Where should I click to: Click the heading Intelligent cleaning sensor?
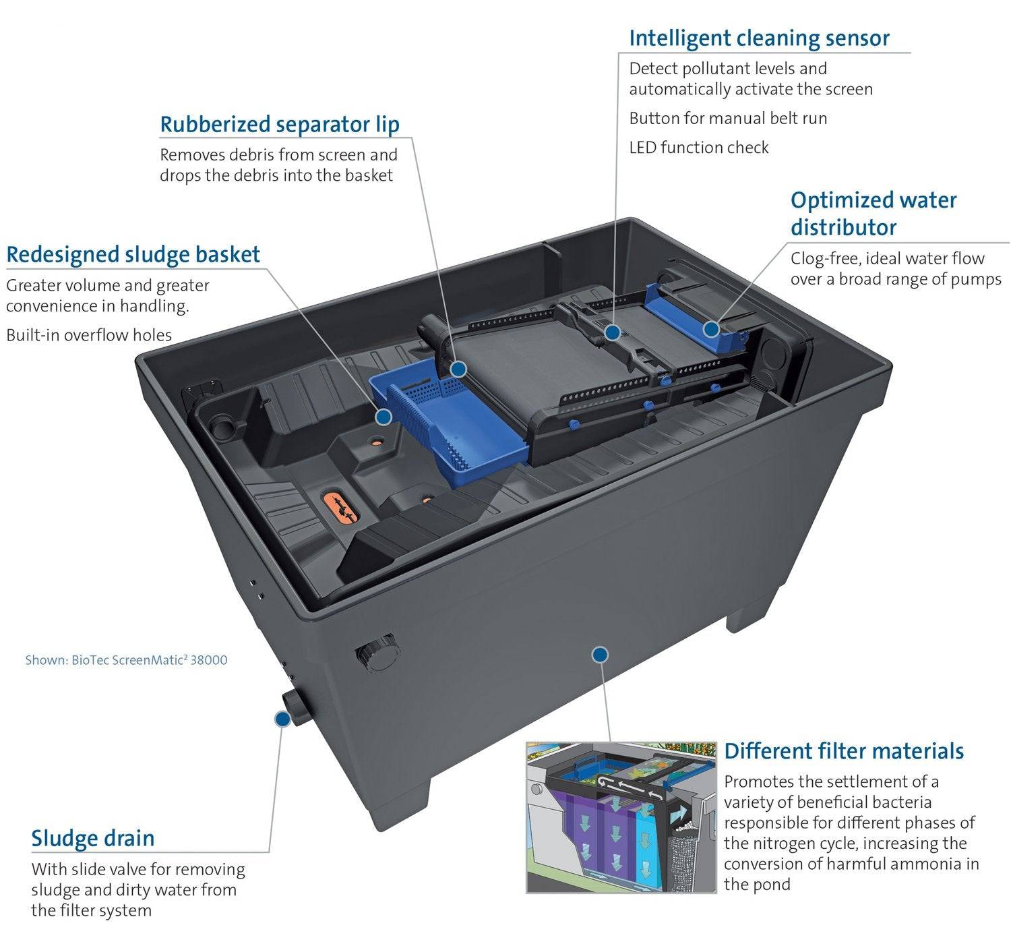coord(759,38)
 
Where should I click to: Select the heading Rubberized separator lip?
coord(279,125)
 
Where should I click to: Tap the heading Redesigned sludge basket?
coord(133,255)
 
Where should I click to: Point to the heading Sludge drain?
coord(93,839)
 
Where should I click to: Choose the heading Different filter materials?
coord(844,751)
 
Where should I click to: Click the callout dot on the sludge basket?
coord(384,417)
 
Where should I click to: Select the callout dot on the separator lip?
coord(458,369)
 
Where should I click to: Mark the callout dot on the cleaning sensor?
coord(612,332)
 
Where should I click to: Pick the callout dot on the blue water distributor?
coord(711,329)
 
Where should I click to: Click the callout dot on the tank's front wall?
coord(600,654)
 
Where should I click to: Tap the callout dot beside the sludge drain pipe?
coord(282,719)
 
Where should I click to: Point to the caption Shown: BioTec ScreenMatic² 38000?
coord(126,660)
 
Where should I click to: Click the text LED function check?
coord(698,148)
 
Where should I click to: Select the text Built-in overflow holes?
coord(89,335)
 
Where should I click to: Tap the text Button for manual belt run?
coord(728,119)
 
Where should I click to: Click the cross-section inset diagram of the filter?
coord(621,817)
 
